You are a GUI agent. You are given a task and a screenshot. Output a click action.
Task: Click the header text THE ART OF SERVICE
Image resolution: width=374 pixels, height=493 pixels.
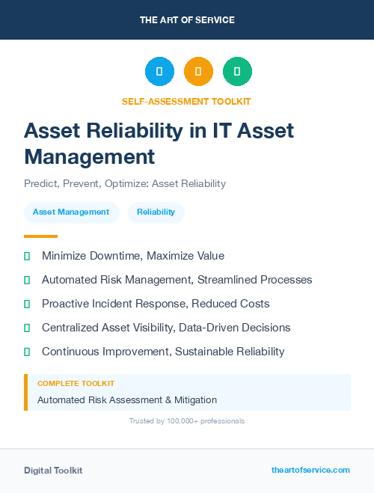(187, 20)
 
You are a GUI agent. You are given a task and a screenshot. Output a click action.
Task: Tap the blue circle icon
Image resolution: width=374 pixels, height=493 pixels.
(159, 72)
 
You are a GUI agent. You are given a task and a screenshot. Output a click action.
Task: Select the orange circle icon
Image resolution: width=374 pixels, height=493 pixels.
(198, 72)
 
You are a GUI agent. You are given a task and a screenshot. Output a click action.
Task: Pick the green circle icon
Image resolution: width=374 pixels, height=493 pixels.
(237, 72)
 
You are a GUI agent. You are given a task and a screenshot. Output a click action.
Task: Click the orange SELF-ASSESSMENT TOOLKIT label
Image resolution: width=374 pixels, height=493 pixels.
(187, 101)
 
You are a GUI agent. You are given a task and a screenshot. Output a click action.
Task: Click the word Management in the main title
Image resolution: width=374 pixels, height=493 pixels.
(89, 156)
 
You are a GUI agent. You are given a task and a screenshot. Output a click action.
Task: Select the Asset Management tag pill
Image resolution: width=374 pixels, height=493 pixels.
(71, 212)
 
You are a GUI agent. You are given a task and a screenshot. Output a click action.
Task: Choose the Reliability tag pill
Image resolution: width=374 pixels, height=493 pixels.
(156, 212)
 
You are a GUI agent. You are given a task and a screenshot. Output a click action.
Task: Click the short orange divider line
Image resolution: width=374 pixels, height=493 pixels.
(40, 236)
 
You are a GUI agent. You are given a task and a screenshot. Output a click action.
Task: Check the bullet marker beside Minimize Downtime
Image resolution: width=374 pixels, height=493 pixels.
(27, 256)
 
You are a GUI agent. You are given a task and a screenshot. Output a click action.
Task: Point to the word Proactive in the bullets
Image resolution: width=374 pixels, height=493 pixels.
(67, 304)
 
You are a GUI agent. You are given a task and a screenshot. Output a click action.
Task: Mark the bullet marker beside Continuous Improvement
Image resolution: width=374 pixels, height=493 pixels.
(27, 352)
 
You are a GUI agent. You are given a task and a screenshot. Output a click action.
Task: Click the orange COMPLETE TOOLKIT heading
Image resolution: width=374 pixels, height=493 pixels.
(76, 383)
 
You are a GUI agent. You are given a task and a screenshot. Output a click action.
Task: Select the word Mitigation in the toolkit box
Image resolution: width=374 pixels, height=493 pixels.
(193, 399)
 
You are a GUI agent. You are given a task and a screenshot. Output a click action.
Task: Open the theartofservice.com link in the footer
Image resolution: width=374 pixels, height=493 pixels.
(310, 470)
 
